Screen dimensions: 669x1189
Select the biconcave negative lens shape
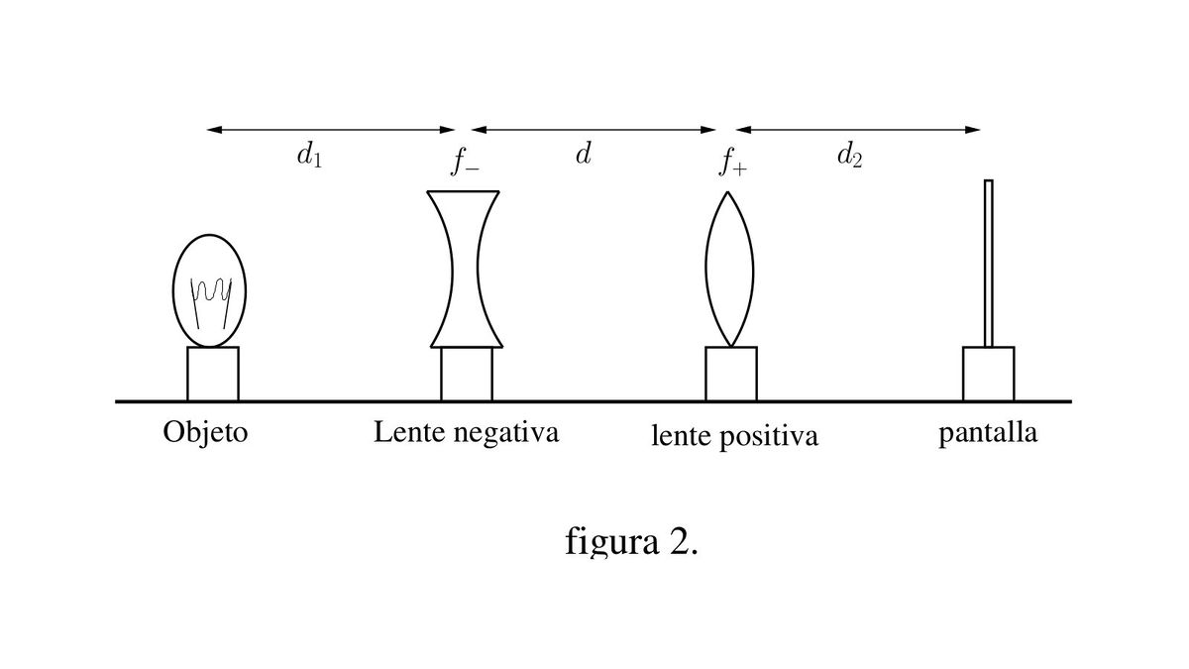click(466, 269)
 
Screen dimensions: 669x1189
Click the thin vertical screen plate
click(988, 263)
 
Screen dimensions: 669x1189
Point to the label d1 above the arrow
click(309, 158)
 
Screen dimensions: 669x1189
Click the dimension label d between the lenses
click(584, 155)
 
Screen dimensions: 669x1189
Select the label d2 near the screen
click(849, 157)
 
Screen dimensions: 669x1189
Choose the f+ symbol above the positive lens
click(733, 162)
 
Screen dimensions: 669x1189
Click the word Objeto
click(205, 434)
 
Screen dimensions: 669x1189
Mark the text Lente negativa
click(466, 433)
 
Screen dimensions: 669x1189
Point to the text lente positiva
click(734, 436)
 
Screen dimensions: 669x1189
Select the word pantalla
click(988, 434)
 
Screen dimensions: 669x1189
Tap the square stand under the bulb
click(213, 374)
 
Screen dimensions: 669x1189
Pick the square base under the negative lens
click(467, 375)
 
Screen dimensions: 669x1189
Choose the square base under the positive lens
click(731, 374)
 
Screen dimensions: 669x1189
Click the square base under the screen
click(988, 374)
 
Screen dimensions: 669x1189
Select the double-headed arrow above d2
click(858, 130)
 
